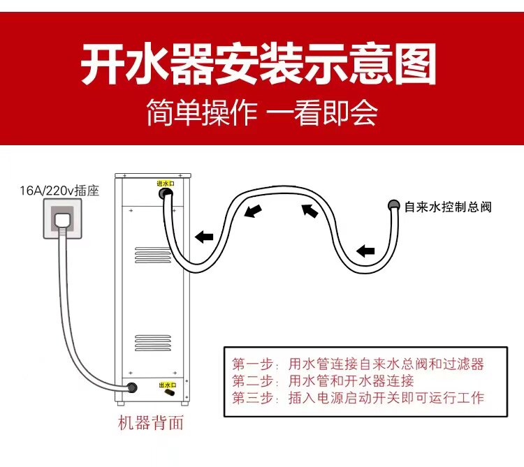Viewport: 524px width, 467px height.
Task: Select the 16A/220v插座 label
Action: (59, 190)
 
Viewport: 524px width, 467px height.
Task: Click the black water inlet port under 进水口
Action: (168, 198)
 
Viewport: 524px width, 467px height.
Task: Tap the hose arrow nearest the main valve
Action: (365, 250)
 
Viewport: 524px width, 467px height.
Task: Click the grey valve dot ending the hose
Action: (393, 205)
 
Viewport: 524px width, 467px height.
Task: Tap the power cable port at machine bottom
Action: (131, 386)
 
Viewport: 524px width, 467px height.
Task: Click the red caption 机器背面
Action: (152, 423)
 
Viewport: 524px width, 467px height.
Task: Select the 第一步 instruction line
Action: (358, 364)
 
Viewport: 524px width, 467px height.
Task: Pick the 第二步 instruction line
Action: (323, 381)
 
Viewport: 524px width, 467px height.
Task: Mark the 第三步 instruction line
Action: (358, 398)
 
